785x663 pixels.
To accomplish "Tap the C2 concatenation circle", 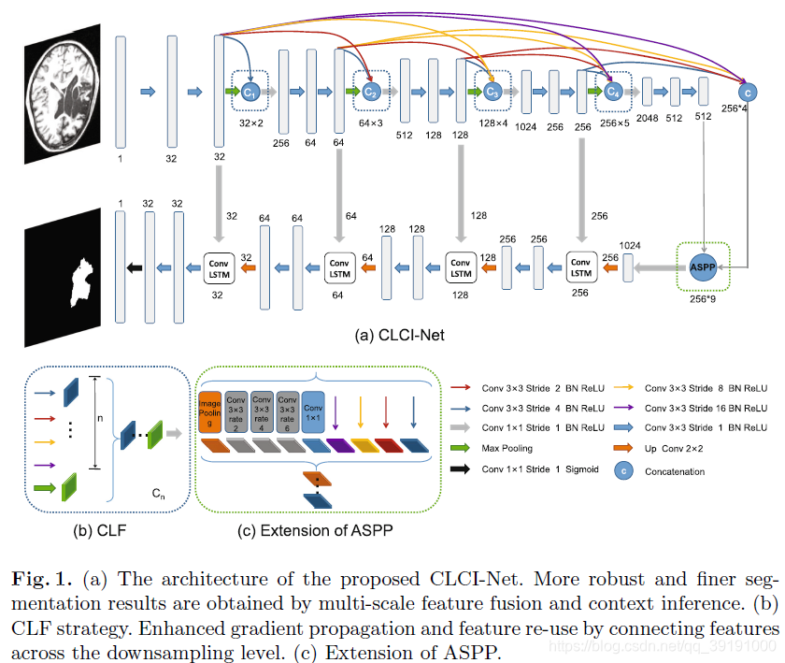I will (x=370, y=92).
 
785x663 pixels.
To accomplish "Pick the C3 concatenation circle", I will (x=492, y=92).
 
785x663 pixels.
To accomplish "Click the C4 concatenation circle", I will (x=612, y=92).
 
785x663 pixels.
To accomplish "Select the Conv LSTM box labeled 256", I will (x=581, y=267).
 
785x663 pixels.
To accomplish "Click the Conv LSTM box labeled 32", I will (x=219, y=267).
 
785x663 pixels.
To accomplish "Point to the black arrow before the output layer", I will (x=134, y=268).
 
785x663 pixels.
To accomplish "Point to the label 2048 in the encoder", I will (x=646, y=119).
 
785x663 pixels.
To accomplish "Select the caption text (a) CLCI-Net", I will (x=392, y=335).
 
